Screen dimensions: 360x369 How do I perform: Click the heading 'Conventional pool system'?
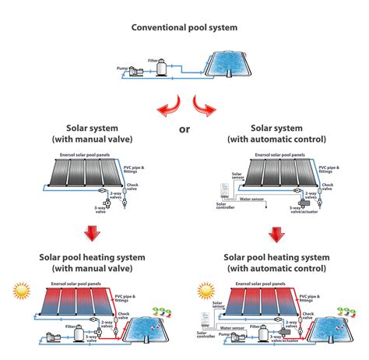coord(184,28)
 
